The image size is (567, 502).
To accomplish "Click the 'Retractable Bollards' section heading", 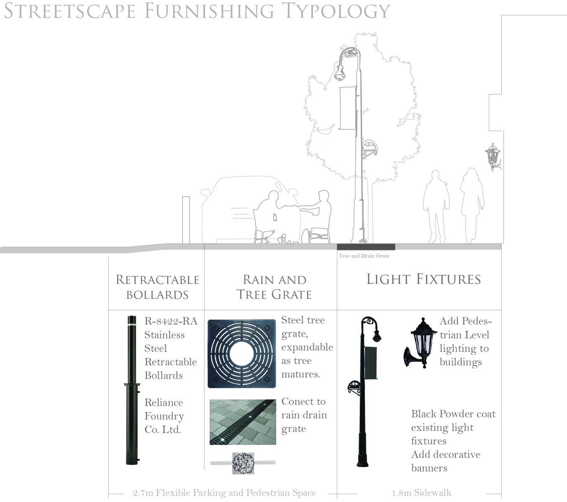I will pyautogui.click(x=157, y=287).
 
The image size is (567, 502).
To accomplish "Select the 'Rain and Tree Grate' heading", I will pyautogui.click(x=275, y=287).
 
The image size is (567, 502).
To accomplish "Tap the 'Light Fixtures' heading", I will pyautogui.click(x=423, y=279).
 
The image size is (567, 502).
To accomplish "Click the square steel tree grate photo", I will pyautogui.click(x=242, y=354).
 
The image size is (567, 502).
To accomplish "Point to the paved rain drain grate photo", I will pyautogui.click(x=243, y=422).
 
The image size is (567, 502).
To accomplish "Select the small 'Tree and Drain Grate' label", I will pyautogui.click(x=364, y=256).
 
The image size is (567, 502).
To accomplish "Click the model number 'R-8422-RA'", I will pyautogui.click(x=171, y=321).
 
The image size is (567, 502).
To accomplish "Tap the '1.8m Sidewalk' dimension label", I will pyautogui.click(x=421, y=493).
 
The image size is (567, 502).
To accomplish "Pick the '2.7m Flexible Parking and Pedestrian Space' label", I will pyautogui.click(x=224, y=493).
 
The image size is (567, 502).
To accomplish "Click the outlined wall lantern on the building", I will pyautogui.click(x=493, y=156).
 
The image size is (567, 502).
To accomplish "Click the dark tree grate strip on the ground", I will pyautogui.click(x=366, y=247).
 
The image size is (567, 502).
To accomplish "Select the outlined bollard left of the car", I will pyautogui.click(x=186, y=220).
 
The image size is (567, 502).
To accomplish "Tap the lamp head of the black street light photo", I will pyautogui.click(x=376, y=335).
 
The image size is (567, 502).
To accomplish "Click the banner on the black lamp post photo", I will pyautogui.click(x=371, y=363).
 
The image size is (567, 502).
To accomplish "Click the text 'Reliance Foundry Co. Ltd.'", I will pyautogui.click(x=164, y=416).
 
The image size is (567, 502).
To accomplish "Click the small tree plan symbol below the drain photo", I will pyautogui.click(x=243, y=463).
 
